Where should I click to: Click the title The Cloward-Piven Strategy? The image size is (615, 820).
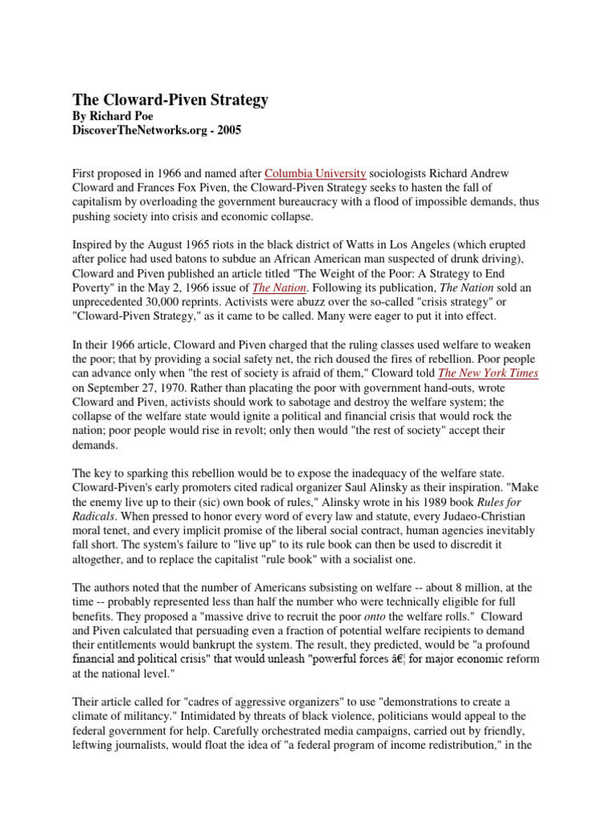(x=171, y=100)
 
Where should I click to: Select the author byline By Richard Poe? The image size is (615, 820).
(x=118, y=117)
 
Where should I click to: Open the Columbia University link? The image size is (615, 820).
(x=316, y=172)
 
